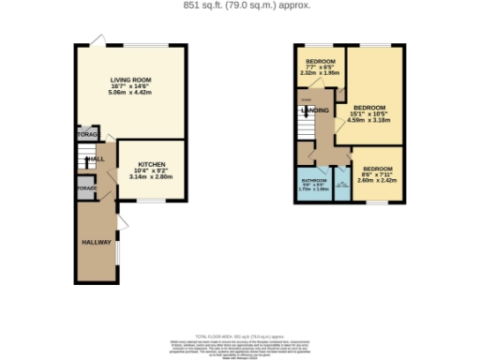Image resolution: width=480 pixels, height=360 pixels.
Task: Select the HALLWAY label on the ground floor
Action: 95,242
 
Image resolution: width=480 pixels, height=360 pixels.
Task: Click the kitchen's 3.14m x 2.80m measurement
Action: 151,175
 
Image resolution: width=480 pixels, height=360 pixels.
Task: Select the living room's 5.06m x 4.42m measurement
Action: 129,94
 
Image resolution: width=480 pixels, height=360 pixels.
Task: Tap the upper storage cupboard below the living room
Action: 86,135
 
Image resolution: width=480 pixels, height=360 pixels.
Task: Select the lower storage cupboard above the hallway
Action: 86,189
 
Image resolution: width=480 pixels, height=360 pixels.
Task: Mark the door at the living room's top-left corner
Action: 97,39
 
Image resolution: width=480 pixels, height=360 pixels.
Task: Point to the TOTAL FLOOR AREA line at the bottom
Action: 239,336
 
